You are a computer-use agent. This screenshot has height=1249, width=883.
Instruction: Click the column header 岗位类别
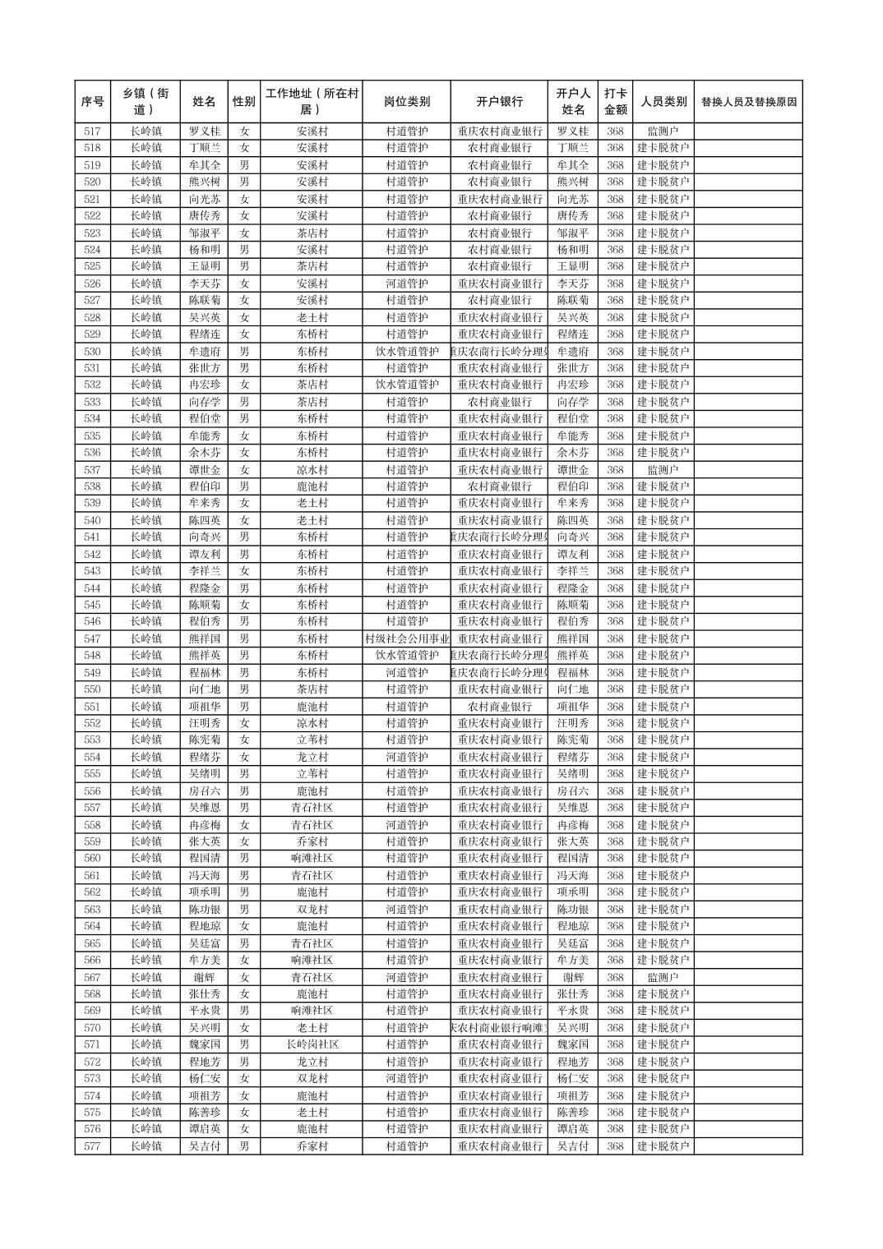click(406, 102)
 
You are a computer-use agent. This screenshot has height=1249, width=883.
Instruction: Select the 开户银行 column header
click(499, 102)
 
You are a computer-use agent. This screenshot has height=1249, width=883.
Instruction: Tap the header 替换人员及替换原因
click(747, 102)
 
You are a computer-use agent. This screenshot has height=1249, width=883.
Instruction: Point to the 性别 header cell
click(243, 102)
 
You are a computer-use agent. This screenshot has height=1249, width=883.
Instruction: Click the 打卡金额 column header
click(615, 102)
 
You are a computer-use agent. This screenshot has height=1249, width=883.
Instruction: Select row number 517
click(92, 131)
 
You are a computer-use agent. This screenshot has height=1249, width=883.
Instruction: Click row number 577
click(92, 1146)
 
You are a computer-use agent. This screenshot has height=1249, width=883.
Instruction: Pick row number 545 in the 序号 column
click(92, 605)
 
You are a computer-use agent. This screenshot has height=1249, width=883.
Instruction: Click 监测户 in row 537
click(663, 470)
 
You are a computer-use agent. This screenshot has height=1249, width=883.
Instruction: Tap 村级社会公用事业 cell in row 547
click(406, 638)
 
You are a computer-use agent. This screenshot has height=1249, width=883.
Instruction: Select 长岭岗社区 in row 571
click(312, 1044)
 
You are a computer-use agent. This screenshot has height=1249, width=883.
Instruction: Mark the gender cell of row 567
click(243, 977)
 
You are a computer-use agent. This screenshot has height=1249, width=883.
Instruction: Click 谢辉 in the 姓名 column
click(204, 977)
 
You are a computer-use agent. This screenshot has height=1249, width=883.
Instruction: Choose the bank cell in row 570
click(499, 1028)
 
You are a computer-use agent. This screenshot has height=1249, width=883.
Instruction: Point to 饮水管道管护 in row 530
click(406, 352)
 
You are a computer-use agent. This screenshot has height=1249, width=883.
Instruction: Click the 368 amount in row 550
click(615, 689)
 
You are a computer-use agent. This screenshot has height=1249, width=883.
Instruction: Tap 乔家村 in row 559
click(312, 841)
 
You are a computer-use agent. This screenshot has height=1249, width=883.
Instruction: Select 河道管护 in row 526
click(406, 283)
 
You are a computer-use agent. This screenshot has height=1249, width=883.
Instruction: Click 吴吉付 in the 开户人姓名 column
click(573, 1146)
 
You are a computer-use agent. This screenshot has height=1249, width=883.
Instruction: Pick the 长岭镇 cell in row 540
click(146, 520)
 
